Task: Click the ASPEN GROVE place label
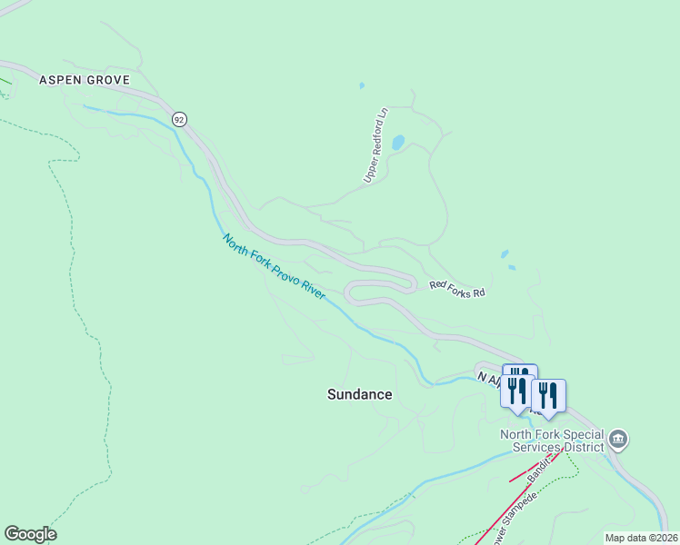86,80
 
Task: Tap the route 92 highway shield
179,119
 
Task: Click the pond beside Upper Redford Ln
398,143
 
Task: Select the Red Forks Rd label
457,290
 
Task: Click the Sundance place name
359,394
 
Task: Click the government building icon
617,441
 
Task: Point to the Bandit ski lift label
540,469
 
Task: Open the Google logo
30,534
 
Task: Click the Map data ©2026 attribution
641,538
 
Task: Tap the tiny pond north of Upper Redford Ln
362,86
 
